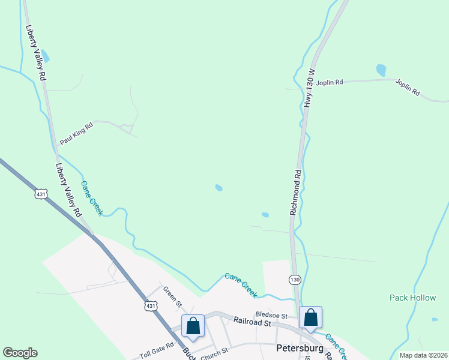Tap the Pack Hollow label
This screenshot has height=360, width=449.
pos(409,297)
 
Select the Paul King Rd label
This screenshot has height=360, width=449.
pos(76,134)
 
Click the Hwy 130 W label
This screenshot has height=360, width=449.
pos(310,88)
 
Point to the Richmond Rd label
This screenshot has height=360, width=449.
pos(295,193)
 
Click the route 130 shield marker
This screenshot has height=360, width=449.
pos(294,280)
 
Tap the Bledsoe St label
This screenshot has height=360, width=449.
pos(271,315)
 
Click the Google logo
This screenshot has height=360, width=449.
pos(20,353)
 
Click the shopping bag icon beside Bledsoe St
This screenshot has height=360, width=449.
pos(311,318)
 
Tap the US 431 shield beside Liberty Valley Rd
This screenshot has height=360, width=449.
pos(40,194)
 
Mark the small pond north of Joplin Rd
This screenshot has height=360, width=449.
pos(381,70)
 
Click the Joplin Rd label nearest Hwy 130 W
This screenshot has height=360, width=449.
pos(330,82)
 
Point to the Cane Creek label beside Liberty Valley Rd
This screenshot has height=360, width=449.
pos(92,199)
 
